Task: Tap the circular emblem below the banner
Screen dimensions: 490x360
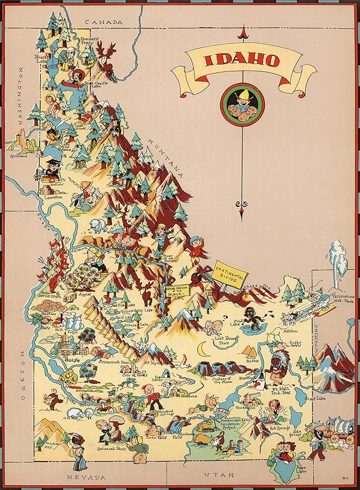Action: [x=242, y=105]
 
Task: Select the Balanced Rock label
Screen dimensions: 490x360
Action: [x=110, y=448]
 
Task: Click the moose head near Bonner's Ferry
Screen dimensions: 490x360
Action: [x=106, y=55]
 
